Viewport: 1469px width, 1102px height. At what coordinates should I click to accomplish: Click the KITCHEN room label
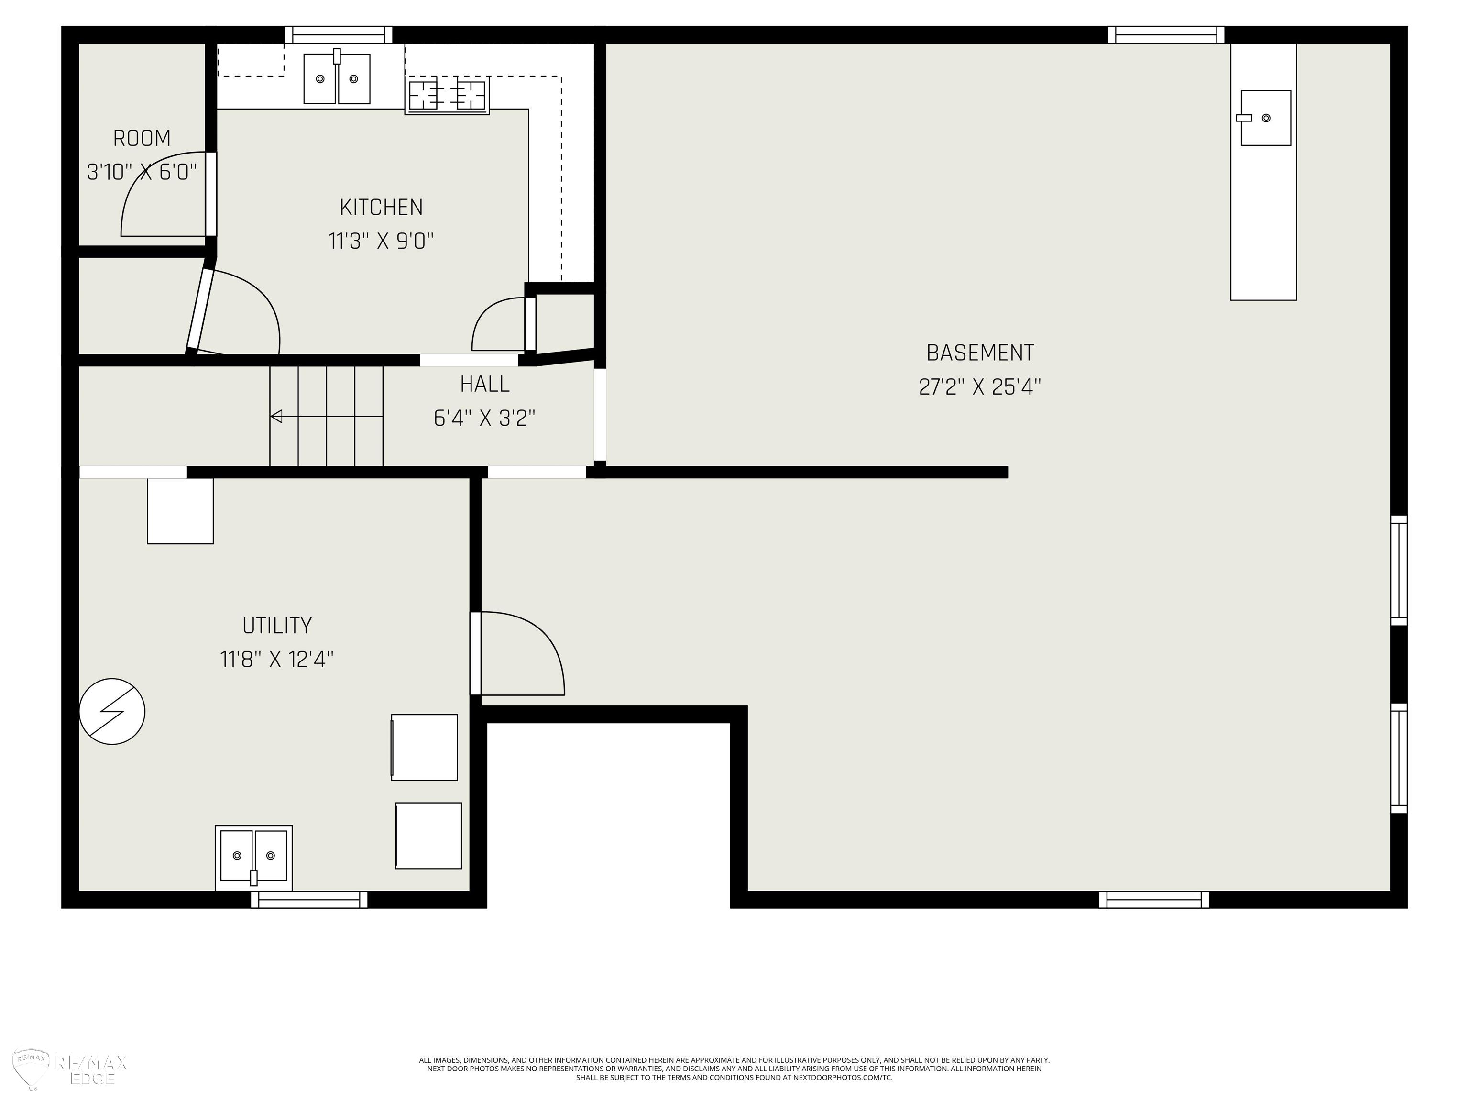point(381,207)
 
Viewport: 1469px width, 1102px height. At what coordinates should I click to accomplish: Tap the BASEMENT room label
point(980,353)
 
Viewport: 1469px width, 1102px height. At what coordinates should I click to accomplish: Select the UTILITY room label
point(277,626)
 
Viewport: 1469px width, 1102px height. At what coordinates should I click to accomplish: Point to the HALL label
point(485,384)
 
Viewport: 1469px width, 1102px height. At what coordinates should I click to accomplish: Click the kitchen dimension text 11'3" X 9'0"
point(381,241)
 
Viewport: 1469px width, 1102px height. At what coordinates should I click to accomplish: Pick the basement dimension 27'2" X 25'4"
point(980,386)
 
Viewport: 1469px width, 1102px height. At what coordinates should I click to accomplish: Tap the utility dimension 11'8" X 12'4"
point(277,660)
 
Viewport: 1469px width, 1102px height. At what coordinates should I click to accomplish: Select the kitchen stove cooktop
point(447,96)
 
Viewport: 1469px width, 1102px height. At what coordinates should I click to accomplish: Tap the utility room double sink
point(254,857)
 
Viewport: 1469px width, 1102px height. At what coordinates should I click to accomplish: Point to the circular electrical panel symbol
point(112,711)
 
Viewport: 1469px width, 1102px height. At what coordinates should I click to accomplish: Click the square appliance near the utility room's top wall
point(180,511)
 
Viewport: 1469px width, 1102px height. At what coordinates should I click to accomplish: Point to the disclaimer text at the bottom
point(734,1069)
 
